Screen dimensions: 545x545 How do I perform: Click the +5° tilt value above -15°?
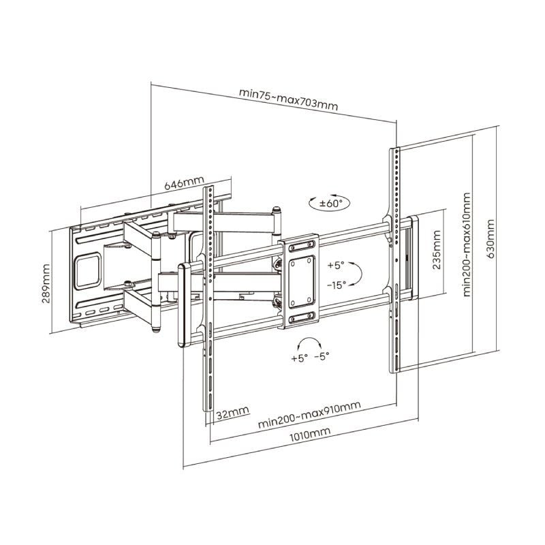[337, 264]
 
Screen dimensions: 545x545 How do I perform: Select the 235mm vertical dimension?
[437, 252]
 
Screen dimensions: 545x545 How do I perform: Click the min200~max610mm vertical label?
[467, 245]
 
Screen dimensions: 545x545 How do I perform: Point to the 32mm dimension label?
[232, 413]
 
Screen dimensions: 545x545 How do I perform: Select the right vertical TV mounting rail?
[394, 259]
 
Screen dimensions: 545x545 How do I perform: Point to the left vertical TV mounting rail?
[209, 300]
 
